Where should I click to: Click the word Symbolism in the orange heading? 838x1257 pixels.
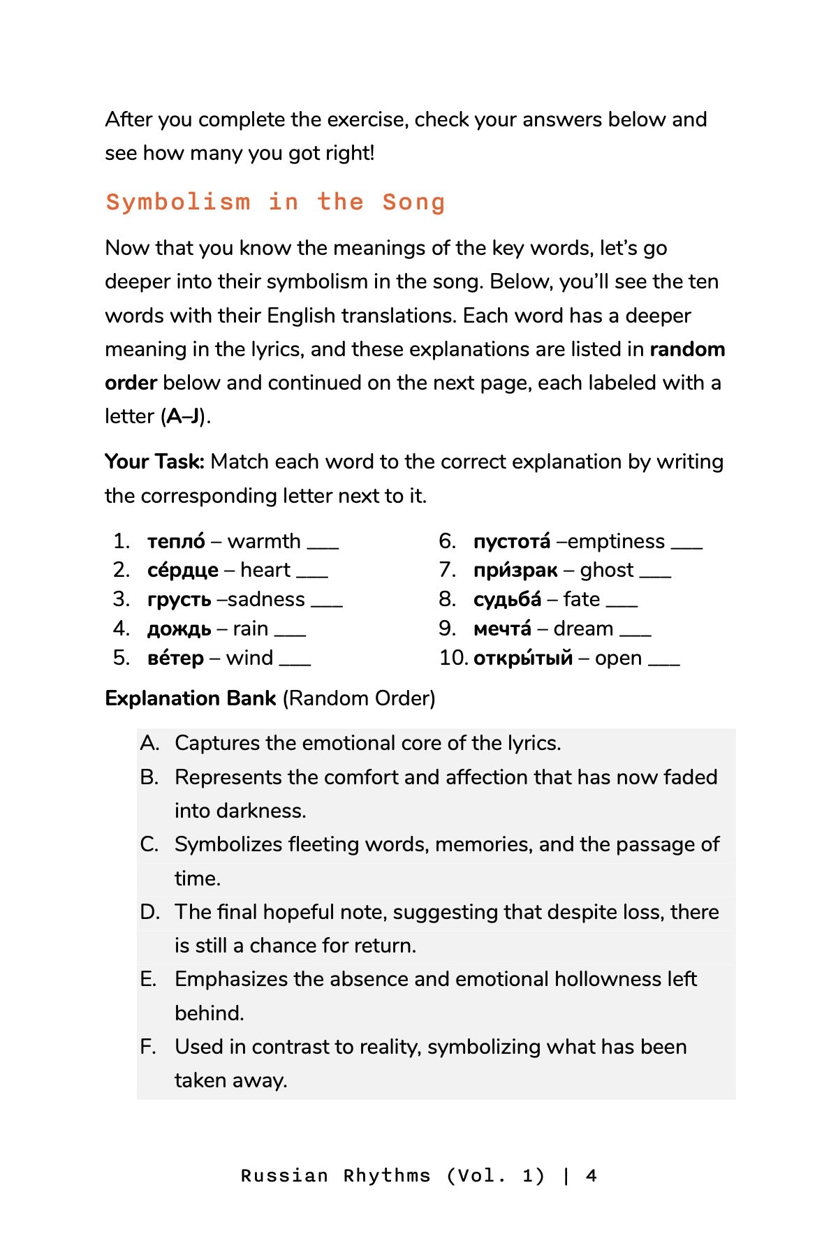178,203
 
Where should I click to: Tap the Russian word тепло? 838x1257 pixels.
176,541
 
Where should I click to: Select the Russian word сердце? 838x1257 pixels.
182,571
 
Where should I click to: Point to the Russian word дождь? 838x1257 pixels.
179,629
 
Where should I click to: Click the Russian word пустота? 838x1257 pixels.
512,542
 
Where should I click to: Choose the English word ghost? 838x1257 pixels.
606,571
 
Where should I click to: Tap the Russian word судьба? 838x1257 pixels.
507,600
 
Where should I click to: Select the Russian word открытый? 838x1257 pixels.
523,659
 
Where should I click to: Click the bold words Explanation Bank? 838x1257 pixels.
191,698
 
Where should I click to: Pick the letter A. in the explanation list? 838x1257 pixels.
149,743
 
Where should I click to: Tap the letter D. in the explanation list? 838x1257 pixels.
149,912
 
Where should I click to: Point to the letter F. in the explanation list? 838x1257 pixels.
147,1047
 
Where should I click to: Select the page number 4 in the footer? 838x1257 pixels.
591,1176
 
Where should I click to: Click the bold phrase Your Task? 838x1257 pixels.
154,462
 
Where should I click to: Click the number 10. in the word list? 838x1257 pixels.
453,659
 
